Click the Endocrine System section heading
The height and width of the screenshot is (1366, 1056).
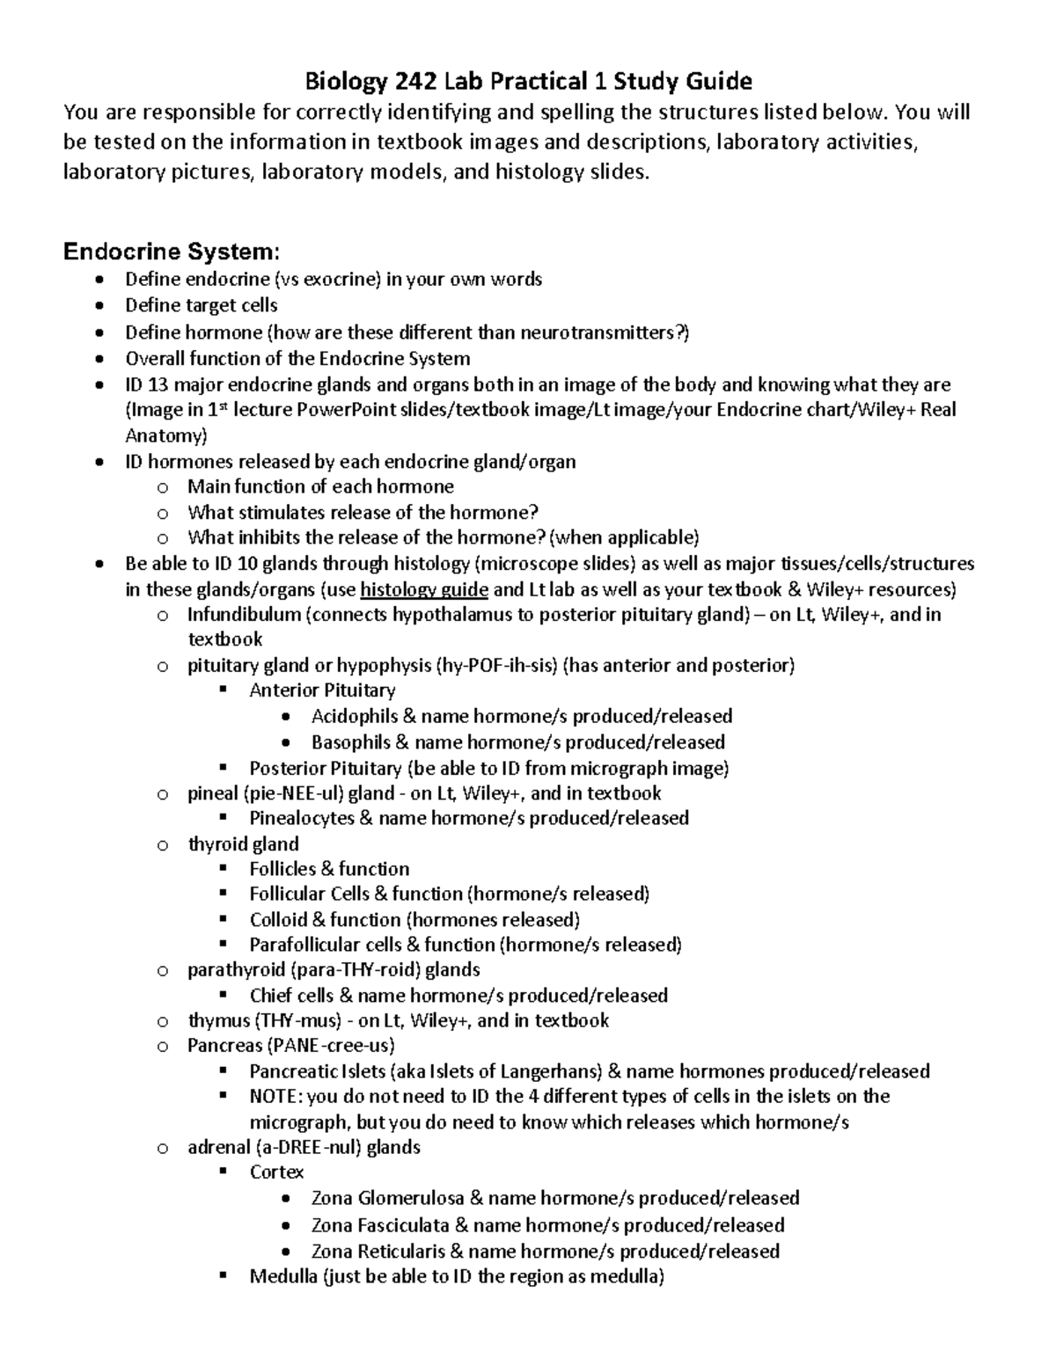172,252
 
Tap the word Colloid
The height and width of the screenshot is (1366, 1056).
281,920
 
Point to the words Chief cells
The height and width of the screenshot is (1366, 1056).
291,996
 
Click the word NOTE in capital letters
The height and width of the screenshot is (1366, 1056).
273,1097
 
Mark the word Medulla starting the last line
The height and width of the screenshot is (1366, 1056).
282,1276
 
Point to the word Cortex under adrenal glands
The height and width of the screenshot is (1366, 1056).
276,1172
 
